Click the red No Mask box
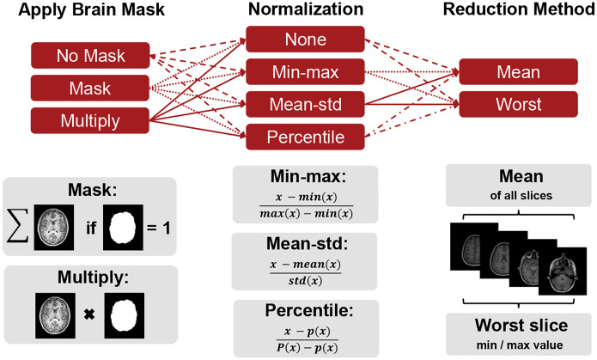(x=90, y=56)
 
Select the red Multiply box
(x=90, y=121)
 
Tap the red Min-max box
(x=305, y=71)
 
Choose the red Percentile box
(x=305, y=137)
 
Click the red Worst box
(x=518, y=104)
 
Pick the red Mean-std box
(x=305, y=104)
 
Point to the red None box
(x=305, y=40)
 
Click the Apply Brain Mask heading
(x=91, y=9)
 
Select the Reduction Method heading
(x=520, y=9)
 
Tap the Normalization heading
(x=306, y=9)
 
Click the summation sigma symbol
(x=17, y=227)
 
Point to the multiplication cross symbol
(x=89, y=314)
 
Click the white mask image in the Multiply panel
(x=125, y=315)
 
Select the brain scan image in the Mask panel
(x=53, y=228)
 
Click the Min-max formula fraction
(x=306, y=205)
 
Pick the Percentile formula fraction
(x=308, y=340)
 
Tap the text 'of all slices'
(x=521, y=195)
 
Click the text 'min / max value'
(x=520, y=345)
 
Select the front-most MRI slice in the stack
(x=563, y=271)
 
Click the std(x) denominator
(x=305, y=281)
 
